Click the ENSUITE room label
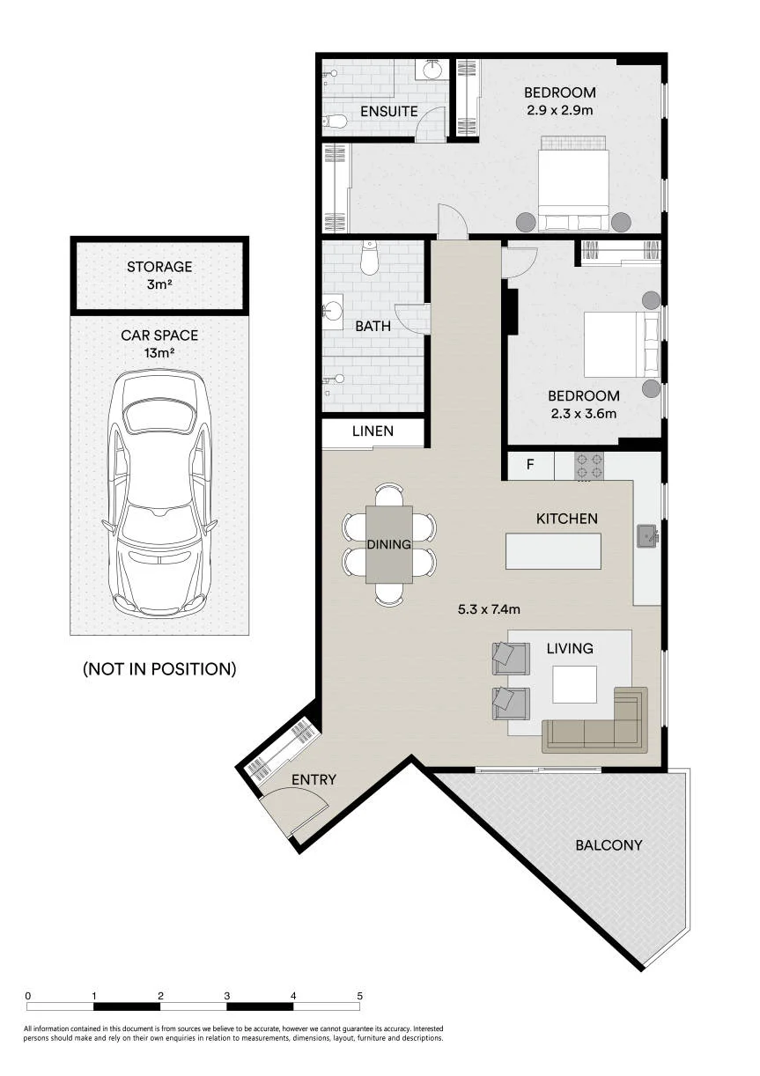[388, 112]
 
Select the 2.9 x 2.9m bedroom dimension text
[560, 110]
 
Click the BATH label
[373, 326]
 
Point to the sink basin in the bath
[332, 310]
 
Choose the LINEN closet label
[373, 431]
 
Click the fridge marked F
[530, 465]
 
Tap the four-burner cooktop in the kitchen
[589, 465]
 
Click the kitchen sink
[647, 536]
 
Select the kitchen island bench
[553, 551]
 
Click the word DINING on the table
[388, 544]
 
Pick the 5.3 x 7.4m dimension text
[489, 609]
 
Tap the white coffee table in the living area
[574, 684]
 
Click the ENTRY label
[314, 779]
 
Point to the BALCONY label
[609, 845]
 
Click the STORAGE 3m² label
[159, 276]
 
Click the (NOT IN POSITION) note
[159, 668]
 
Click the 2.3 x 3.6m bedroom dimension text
[584, 413]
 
